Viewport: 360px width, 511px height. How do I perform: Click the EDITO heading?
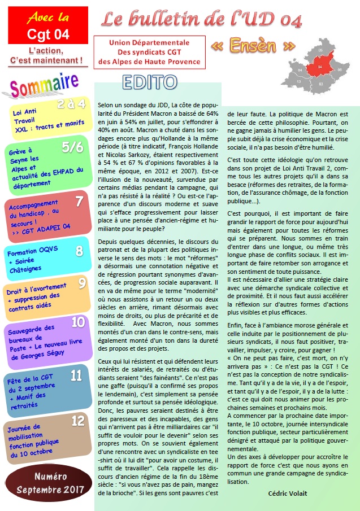point(149,82)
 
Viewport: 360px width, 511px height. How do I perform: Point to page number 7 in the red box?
point(79,201)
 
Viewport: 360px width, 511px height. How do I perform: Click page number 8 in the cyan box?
point(79,251)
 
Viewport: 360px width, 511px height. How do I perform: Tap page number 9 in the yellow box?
point(82,283)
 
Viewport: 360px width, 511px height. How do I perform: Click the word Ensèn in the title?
point(253,45)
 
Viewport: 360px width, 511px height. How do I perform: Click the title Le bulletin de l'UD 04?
point(202,20)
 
